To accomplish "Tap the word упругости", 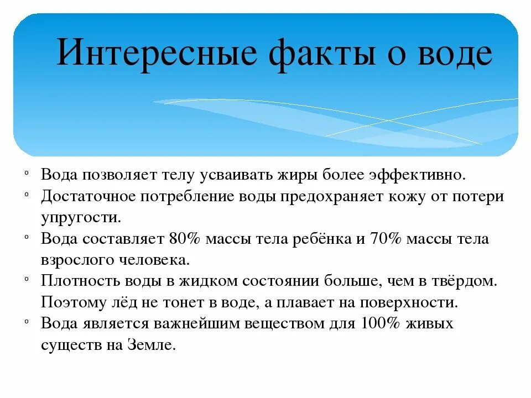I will point(80,218).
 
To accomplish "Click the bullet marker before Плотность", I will point(27,280).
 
